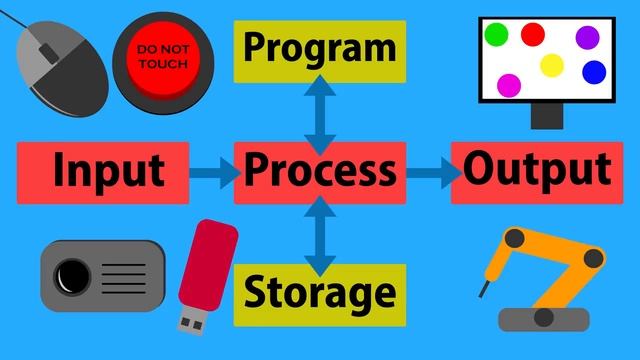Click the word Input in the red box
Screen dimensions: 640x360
click(108, 170)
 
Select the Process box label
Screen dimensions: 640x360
click(320, 171)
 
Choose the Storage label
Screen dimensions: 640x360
click(319, 293)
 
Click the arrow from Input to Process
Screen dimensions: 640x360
click(213, 174)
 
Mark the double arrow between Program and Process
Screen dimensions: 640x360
click(320, 110)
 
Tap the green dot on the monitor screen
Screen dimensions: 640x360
click(496, 36)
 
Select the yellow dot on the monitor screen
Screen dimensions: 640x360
click(552, 66)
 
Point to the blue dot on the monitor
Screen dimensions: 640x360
click(594, 72)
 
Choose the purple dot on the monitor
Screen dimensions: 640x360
click(587, 37)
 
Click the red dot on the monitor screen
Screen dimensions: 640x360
click(532, 34)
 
